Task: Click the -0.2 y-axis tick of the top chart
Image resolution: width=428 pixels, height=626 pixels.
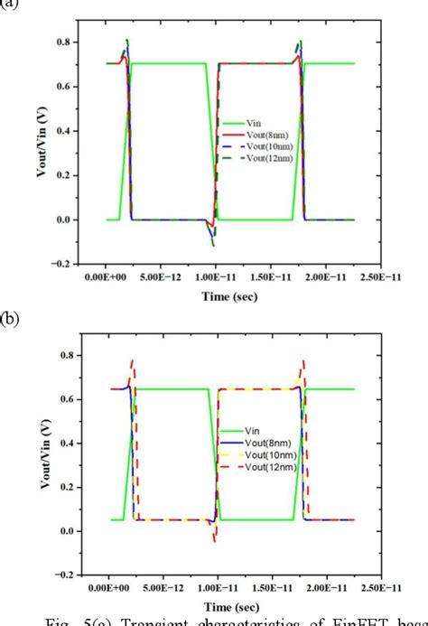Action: [x=60, y=264]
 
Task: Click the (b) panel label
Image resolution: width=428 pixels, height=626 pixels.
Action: [x=10, y=318]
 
